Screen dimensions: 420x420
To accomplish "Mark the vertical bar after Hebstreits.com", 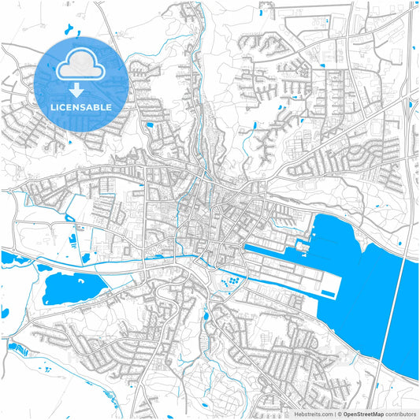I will click(x=333, y=412).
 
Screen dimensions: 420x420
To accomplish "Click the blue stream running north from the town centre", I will click(x=203, y=158).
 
